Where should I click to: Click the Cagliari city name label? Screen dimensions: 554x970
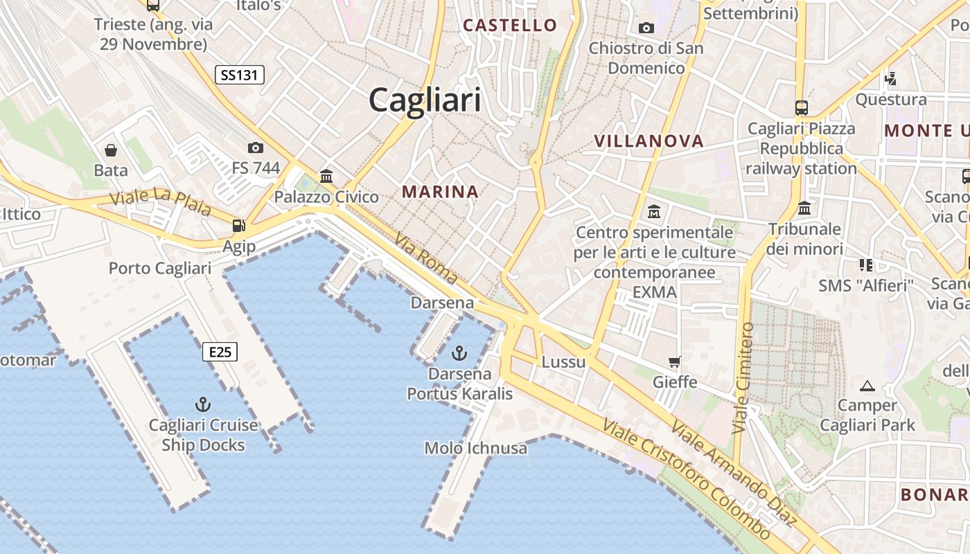click(x=424, y=100)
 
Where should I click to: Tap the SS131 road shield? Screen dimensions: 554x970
click(x=240, y=75)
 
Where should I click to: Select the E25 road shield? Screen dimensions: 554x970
click(x=220, y=352)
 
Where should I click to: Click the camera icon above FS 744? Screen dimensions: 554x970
click(x=255, y=148)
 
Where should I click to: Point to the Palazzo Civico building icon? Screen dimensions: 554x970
click(x=326, y=176)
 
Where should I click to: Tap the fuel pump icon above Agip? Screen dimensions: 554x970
click(x=238, y=225)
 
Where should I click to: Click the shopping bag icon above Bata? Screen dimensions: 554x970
click(x=111, y=150)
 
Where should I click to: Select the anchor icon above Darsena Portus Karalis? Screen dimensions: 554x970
click(x=459, y=353)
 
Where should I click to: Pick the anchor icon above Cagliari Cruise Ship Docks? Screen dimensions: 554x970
click(x=202, y=404)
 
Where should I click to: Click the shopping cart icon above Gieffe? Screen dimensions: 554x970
click(x=674, y=361)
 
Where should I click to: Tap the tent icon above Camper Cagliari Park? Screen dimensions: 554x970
click(x=867, y=385)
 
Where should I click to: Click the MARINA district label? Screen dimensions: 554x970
click(x=440, y=192)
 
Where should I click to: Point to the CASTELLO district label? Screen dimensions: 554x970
click(x=510, y=26)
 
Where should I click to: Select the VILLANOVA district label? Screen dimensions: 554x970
click(x=649, y=141)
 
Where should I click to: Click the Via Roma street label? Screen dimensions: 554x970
click(x=426, y=259)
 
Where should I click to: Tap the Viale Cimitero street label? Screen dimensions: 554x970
click(x=742, y=378)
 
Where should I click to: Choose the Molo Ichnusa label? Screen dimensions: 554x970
click(x=475, y=448)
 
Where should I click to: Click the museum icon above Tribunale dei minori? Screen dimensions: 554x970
click(x=804, y=208)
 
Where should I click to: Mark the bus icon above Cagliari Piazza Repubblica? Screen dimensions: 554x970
click(x=802, y=108)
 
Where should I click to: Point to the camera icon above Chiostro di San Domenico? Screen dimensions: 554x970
click(x=646, y=28)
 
